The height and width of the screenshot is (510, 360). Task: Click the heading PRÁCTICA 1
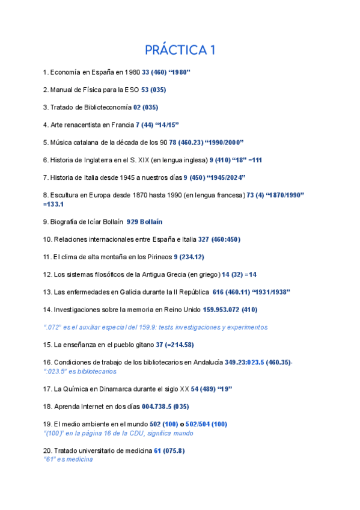click(180, 50)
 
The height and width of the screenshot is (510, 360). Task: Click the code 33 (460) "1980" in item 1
click(166, 72)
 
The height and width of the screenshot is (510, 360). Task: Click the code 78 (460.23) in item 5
click(188, 143)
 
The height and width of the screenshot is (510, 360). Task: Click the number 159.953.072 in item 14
click(218, 310)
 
